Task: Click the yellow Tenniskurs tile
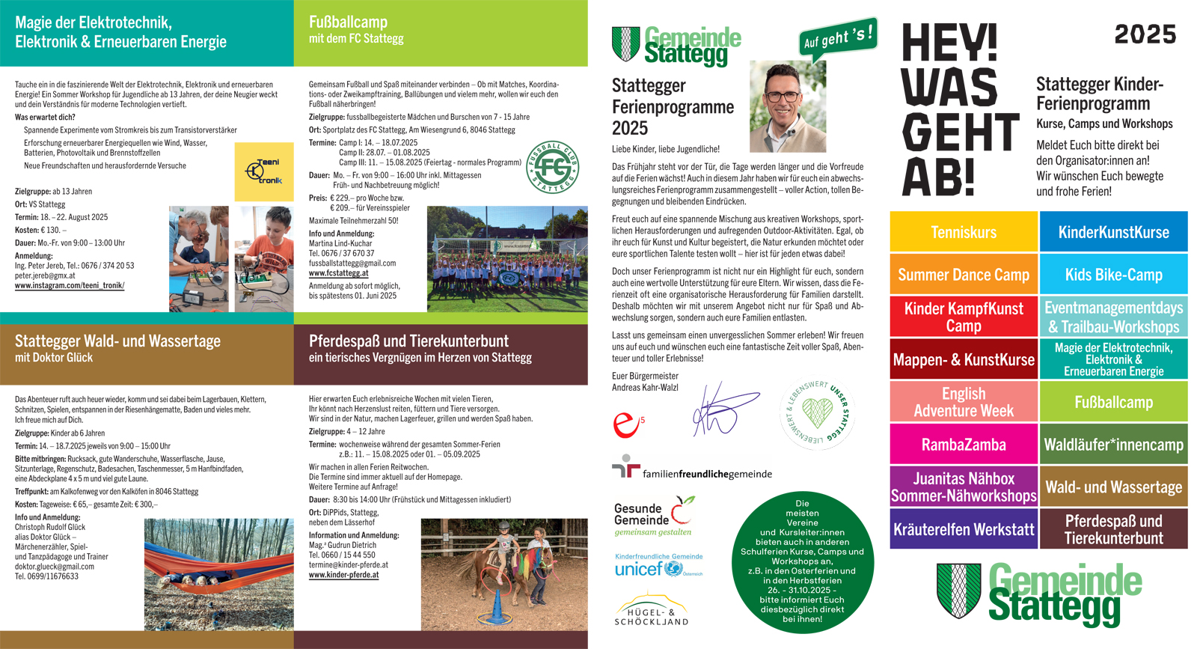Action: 964,232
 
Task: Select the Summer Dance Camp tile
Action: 964,275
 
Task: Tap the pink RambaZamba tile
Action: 964,445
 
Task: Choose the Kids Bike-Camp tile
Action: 1113,275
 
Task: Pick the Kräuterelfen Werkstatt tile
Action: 964,529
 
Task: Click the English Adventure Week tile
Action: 964,402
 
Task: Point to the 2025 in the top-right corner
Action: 1145,34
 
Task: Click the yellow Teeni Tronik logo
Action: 264,172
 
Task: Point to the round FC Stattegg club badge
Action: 552,166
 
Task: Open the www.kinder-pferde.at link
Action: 343,575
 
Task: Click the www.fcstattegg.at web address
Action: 338,273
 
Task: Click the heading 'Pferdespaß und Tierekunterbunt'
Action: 408,341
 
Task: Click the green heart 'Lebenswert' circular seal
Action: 818,414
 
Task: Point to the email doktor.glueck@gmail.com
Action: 55,567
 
